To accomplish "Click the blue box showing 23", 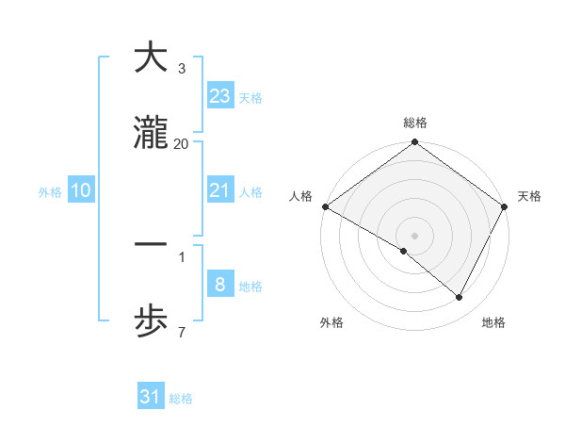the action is tap(220, 96).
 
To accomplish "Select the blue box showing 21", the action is tap(220, 190).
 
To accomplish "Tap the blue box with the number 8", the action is tap(220, 285).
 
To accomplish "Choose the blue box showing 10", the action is tap(81, 190).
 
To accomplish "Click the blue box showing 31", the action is tap(150, 398).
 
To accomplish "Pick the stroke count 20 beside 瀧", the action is tap(181, 143).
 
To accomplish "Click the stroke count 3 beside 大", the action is tap(181, 69).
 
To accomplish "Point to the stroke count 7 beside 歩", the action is tap(181, 332).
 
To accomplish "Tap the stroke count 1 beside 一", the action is tap(181, 255).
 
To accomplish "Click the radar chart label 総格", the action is tap(415, 123).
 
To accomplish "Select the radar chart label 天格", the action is tap(529, 196).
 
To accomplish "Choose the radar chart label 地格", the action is tap(493, 322).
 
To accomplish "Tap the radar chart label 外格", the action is tap(331, 322).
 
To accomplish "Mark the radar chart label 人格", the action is tap(300, 196).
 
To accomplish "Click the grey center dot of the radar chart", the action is tap(415, 235).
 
